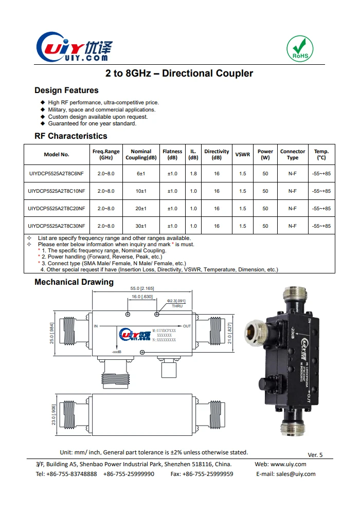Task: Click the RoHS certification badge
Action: [x=300, y=48]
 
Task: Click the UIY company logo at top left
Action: [x=74, y=49]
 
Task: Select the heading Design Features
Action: [x=66, y=90]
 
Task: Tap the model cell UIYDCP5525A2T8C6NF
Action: [x=57, y=174]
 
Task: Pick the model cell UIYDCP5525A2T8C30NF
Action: [x=57, y=226]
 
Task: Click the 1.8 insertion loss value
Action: [x=193, y=174]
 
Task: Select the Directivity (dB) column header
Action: [x=217, y=155]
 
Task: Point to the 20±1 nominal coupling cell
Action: [x=141, y=209]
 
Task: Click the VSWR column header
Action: [x=243, y=155]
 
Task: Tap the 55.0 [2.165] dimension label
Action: [x=142, y=289]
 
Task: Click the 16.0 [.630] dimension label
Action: [x=142, y=297]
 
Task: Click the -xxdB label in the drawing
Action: [x=116, y=352]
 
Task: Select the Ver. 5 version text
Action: [x=315, y=455]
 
